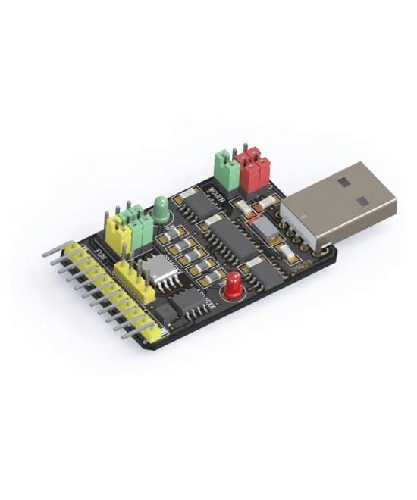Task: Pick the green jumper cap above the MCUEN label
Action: coord(224,166)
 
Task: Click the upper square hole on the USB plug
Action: coord(345,182)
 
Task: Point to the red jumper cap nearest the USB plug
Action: coord(262,171)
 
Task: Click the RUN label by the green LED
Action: coord(170,227)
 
